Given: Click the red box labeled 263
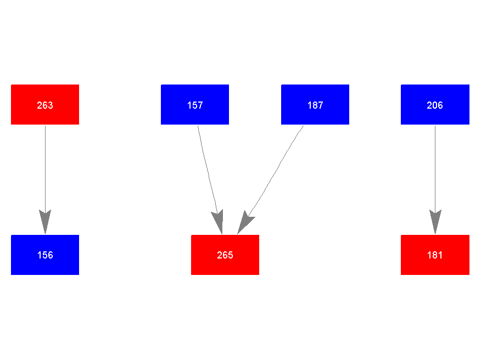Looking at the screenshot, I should [x=45, y=104].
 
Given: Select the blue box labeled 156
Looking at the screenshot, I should [x=45, y=255].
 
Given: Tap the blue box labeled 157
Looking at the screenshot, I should [x=195, y=104].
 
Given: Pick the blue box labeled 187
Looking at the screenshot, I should [x=315, y=104].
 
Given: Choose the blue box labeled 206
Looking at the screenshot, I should [x=435, y=104].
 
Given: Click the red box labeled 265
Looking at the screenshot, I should [x=225, y=255].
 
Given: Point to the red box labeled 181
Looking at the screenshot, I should [x=435, y=255].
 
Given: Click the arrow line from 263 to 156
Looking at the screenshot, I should [x=45, y=165].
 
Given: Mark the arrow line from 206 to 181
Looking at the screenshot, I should [x=435, y=165].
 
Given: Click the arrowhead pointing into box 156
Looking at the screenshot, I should [x=45, y=222].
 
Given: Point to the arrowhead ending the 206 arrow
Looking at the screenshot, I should [x=435, y=222].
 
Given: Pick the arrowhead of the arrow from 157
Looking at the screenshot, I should [x=219, y=222].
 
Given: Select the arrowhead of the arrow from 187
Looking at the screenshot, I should [x=245, y=223].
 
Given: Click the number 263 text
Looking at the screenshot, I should [x=45, y=105].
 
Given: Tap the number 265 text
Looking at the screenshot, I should [x=225, y=255].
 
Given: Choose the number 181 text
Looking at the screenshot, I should [x=435, y=255].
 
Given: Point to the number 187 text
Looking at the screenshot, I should [x=315, y=105].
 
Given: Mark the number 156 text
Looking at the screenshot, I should [x=45, y=255].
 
